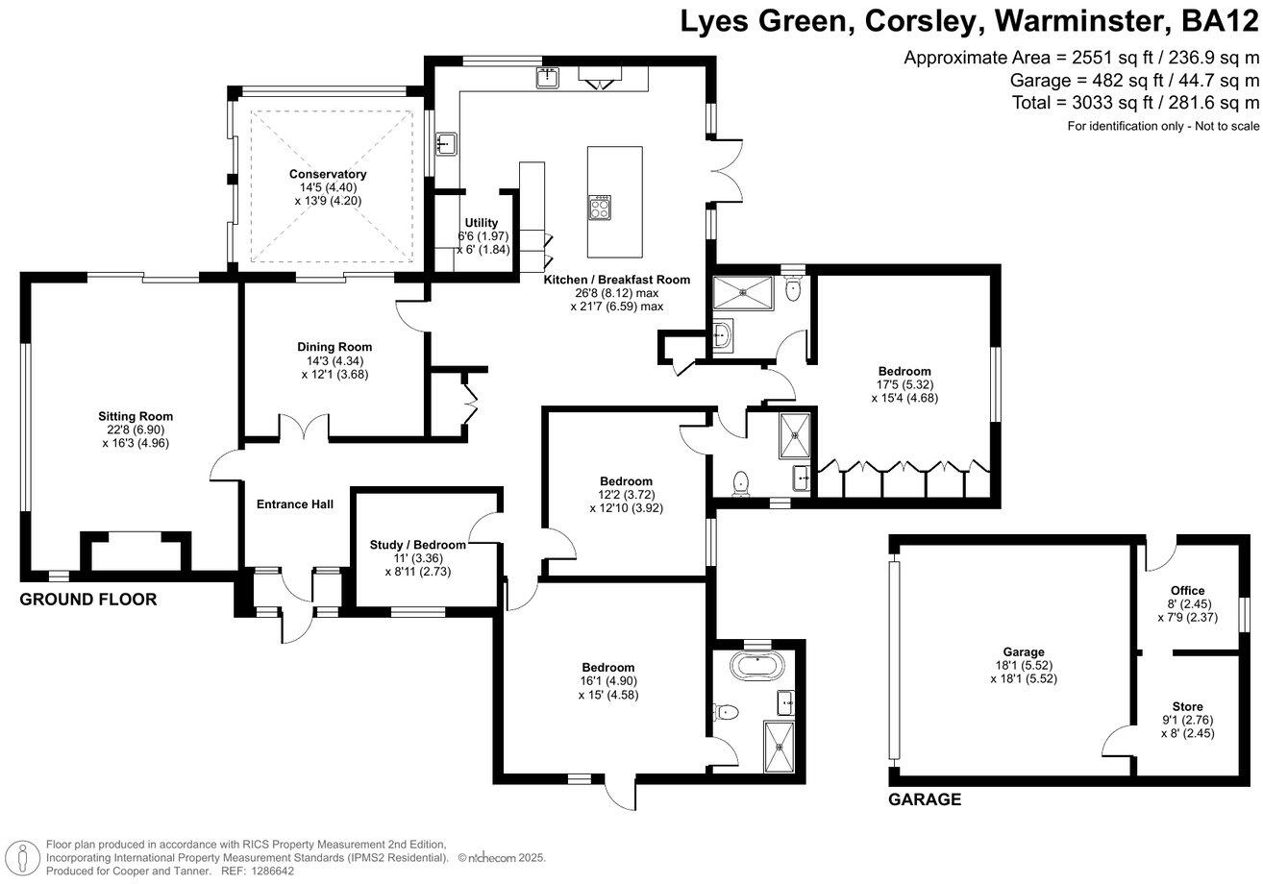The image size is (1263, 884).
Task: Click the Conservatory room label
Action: pos(328,174)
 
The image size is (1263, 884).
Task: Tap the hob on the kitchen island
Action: pos(600,207)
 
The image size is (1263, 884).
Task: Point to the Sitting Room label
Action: pos(136,417)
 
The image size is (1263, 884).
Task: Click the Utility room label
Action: pos(481,223)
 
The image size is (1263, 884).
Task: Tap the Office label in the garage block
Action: pos(1187,591)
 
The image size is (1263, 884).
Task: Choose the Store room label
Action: pos(1187,706)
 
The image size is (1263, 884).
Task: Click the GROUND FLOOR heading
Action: pos(88,600)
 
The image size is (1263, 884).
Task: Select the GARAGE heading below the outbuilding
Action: pos(925,799)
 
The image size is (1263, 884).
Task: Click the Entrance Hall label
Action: pos(295,504)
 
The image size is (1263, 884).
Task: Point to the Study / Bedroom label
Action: pos(418,545)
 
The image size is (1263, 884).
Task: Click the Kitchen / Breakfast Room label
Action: pos(617,280)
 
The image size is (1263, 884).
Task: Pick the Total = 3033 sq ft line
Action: pos(1135,103)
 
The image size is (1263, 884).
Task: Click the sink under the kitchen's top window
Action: pos(547,78)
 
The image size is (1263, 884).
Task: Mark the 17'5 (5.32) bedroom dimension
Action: pos(905,384)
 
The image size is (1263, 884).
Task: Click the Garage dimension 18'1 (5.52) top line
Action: pos(1024,665)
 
